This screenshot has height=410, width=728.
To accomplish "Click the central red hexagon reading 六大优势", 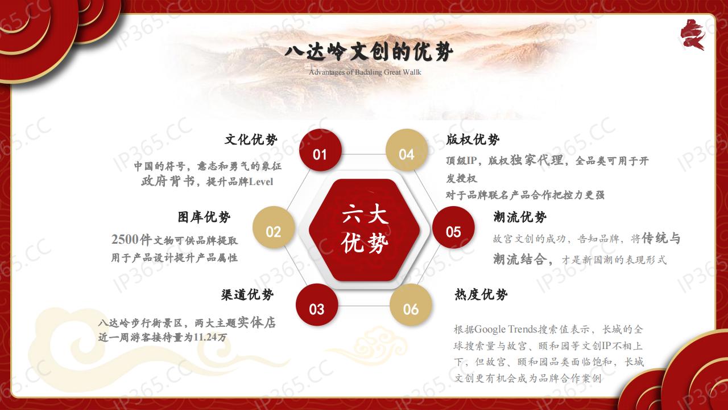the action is click(365, 229).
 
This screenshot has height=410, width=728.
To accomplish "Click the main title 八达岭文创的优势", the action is click(369, 52).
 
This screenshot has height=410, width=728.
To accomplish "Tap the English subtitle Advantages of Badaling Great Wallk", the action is click(365, 72).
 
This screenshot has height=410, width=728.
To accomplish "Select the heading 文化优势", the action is click(251, 140).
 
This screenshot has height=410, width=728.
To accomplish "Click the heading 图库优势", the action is click(204, 217).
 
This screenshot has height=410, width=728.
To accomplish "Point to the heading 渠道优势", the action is click(247, 295).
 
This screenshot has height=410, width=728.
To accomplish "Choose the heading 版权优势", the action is click(473, 140).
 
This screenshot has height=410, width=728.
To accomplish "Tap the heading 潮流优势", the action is click(520, 217).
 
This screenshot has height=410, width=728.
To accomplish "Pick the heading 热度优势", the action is click(481, 295).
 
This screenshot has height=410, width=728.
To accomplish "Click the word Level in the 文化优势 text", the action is click(261, 182).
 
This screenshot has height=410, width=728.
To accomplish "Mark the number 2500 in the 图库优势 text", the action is click(125, 240).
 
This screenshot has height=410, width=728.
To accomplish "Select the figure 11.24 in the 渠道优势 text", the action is click(205, 338).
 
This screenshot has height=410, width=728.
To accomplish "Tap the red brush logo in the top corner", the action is click(693, 35).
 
